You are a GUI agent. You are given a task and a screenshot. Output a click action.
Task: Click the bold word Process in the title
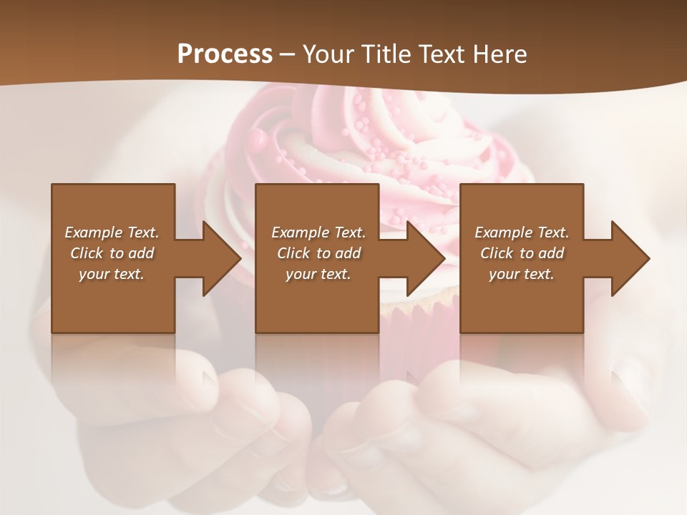(x=225, y=54)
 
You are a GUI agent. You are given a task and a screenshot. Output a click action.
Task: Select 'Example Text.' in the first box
(x=112, y=232)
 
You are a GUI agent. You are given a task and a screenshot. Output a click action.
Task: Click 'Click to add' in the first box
(x=112, y=253)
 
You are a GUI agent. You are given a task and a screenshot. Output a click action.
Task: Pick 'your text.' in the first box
(x=112, y=274)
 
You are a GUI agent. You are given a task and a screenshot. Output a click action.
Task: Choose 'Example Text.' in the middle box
(x=318, y=232)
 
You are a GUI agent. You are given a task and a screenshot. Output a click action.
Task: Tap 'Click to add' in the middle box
(x=318, y=253)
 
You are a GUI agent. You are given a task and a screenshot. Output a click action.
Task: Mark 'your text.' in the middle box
(x=318, y=274)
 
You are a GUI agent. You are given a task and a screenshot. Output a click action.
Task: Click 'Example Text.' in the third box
(x=522, y=232)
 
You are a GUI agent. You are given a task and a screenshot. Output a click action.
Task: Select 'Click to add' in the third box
(x=522, y=253)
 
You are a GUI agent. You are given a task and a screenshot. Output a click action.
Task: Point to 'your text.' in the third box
(x=522, y=274)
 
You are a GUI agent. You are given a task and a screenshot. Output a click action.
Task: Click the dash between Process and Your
(x=287, y=55)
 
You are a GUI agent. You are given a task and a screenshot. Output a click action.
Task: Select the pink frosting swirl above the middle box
(x=322, y=129)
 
